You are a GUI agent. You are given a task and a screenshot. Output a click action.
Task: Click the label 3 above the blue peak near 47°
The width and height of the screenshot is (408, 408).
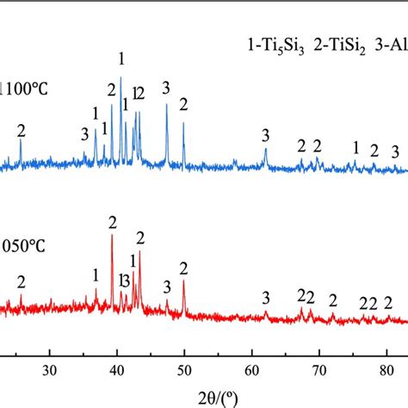coord(166,87)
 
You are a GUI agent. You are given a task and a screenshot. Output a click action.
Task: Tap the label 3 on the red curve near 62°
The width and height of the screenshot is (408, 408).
coord(266,298)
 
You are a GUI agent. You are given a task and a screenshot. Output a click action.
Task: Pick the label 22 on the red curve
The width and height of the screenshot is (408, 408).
coord(368,303)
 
